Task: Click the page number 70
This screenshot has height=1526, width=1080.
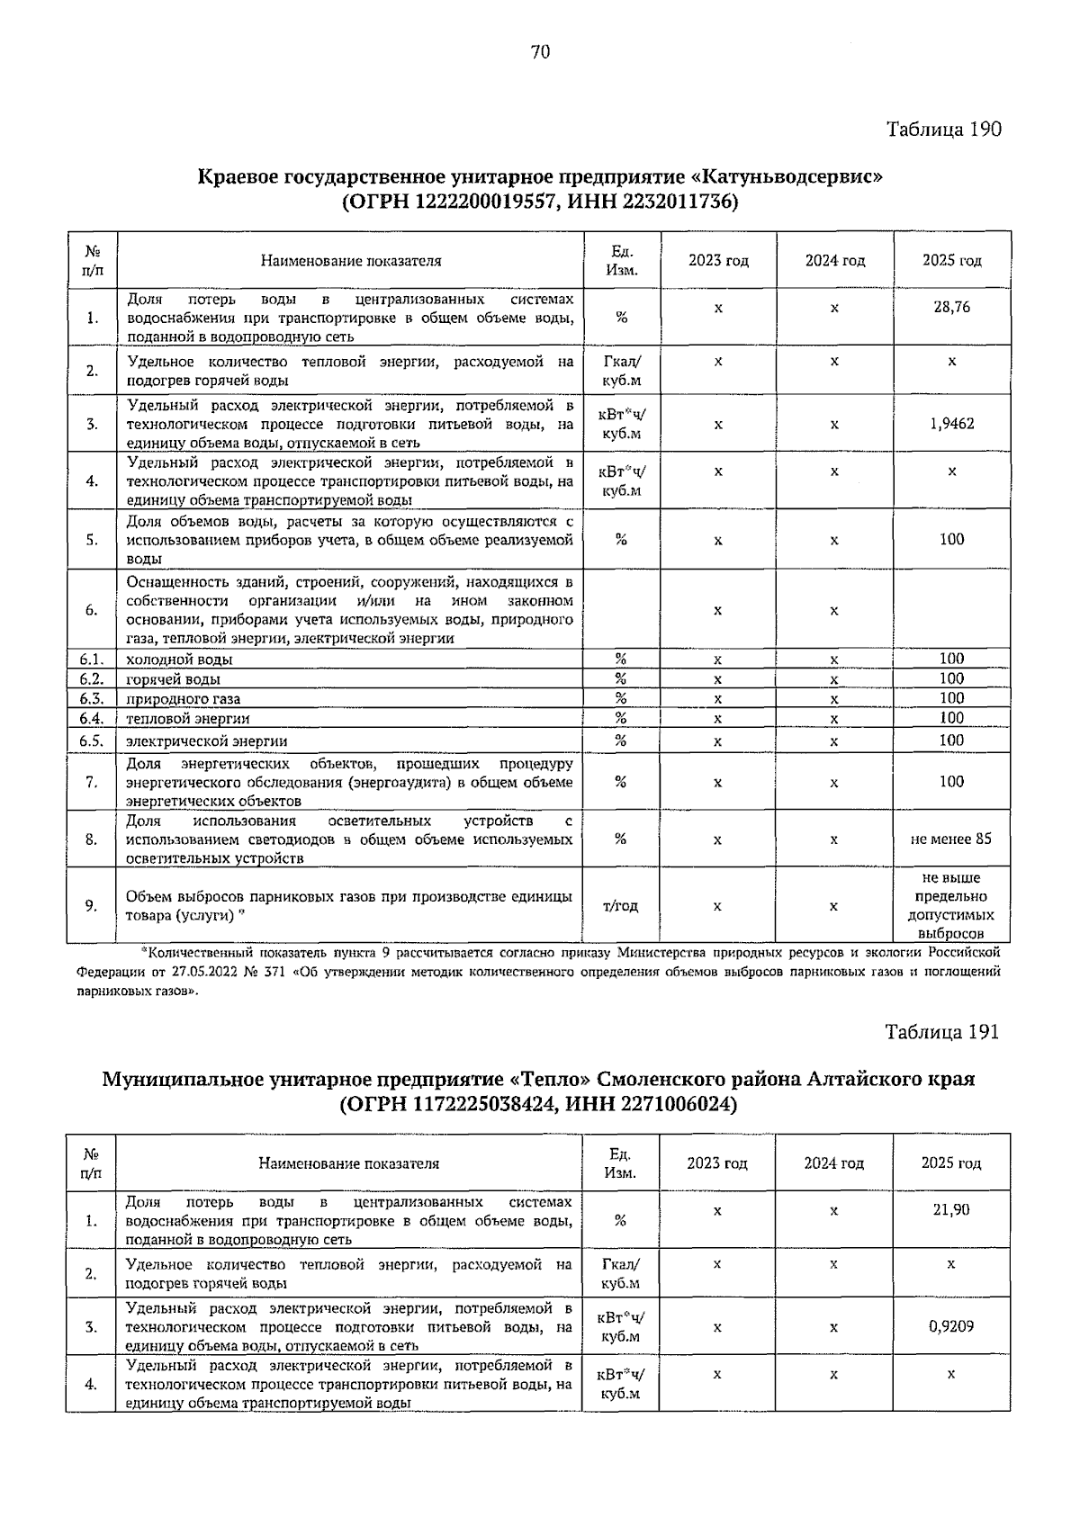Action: (x=540, y=52)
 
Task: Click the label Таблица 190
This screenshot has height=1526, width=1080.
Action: (x=943, y=129)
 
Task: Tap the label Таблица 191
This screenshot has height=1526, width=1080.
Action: (x=941, y=1031)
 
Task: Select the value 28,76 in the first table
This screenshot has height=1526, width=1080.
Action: (x=951, y=307)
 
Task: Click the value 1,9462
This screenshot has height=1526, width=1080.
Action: (x=951, y=424)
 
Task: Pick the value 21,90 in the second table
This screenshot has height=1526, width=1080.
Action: (x=951, y=1209)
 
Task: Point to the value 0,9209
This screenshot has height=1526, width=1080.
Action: (x=951, y=1326)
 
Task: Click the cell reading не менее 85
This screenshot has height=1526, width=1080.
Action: (x=951, y=839)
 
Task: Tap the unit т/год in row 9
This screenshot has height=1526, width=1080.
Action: (x=620, y=906)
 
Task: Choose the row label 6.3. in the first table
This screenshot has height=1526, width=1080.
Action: (x=92, y=698)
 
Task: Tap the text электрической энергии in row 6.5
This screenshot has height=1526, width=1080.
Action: (x=206, y=741)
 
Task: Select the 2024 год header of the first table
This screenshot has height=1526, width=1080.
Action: (x=834, y=261)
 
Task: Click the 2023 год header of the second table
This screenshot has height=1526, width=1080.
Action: (x=717, y=1163)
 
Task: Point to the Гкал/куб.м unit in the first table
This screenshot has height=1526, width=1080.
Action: (x=621, y=371)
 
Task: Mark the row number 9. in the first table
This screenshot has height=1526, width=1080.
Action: (x=92, y=906)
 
